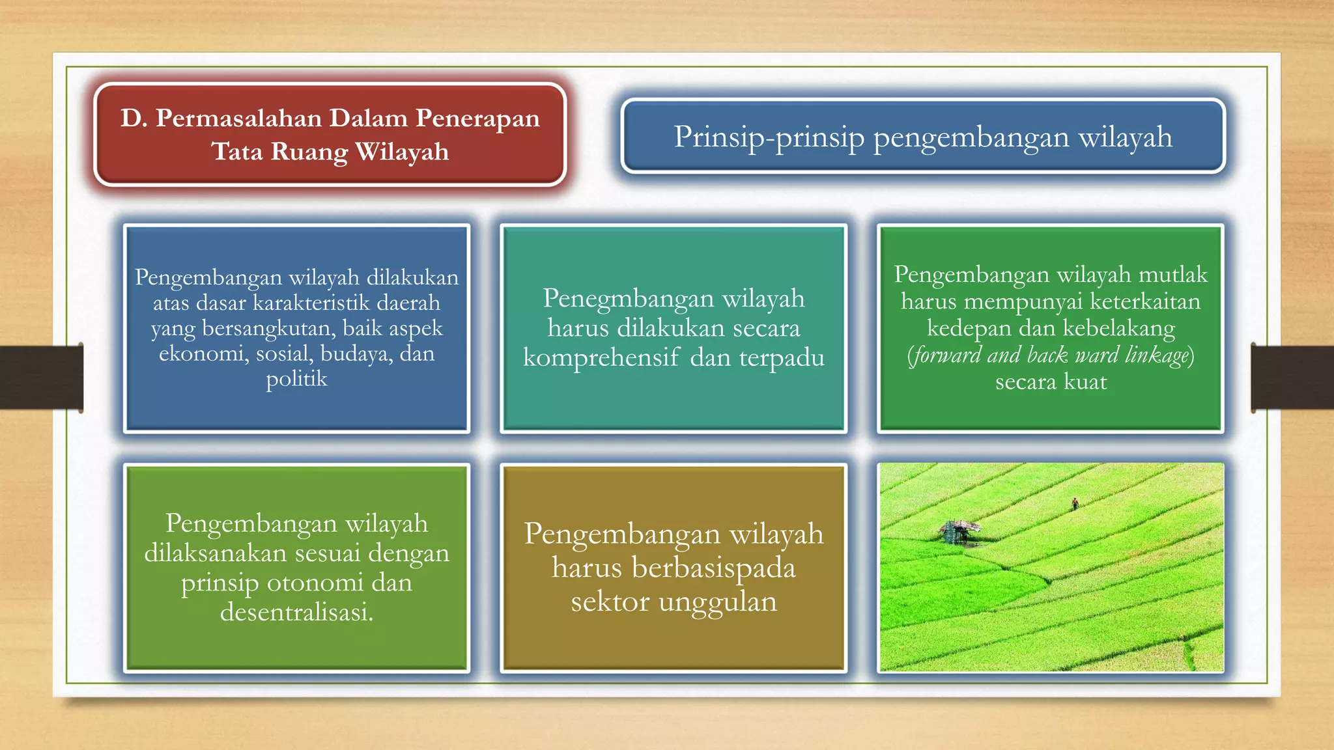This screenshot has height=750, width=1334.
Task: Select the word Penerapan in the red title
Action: pos(477,118)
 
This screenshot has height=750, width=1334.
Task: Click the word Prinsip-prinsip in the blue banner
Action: pos(769,137)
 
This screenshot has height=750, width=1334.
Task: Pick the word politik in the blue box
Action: pos(296,379)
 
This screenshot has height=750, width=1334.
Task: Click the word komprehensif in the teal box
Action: pos(601,358)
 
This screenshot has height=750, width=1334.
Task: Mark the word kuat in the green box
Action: pos(1085,382)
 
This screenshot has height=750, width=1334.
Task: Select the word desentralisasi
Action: pos(296,612)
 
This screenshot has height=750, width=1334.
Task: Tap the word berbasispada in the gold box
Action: pos(713,568)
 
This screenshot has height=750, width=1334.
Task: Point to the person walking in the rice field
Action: pos(1075,503)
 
